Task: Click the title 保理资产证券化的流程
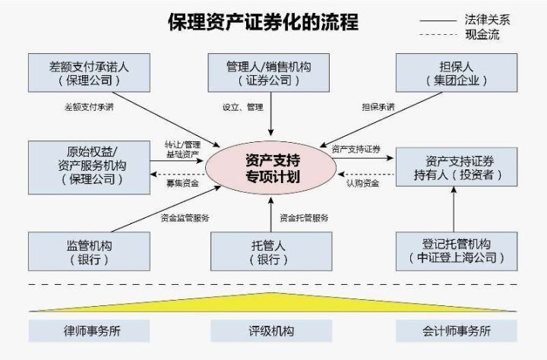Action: pos(264,22)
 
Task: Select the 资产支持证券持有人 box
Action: pos(458,167)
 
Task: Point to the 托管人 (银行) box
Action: pos(271,252)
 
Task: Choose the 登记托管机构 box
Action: pos(458,252)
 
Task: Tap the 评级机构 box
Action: pos(272,331)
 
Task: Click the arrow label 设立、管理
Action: pos(242,107)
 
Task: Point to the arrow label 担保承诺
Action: pos(378,107)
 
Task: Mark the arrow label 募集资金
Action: pos(182,182)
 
